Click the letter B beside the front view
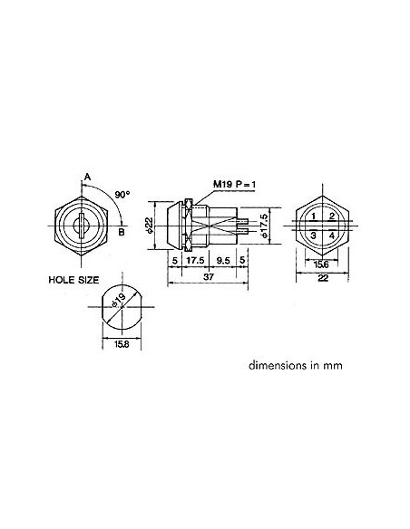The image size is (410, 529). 121,230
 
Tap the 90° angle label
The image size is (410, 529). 122,194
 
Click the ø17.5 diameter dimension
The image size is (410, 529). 264,225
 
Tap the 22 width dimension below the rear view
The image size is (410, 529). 321,279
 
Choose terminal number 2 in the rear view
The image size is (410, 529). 332,216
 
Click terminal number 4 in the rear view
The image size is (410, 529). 332,236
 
